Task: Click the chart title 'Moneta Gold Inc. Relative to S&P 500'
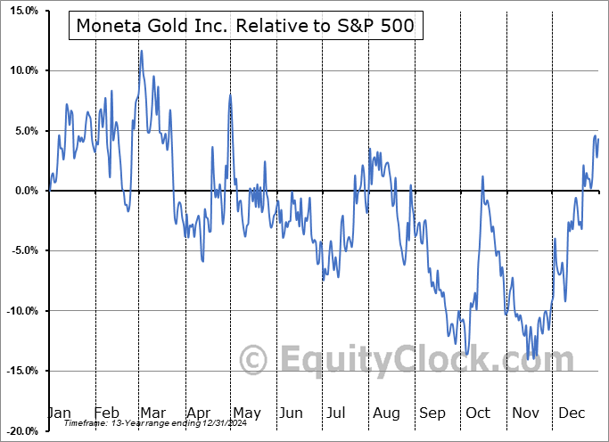click(246, 26)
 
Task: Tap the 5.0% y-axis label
click(23, 131)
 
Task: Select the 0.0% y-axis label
click(23, 191)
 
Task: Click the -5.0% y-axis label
click(21, 250)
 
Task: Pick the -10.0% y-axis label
click(20, 311)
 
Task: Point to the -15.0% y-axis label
click(20, 371)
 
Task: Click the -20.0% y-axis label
click(20, 431)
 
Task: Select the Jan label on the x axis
click(59, 413)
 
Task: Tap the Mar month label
click(152, 413)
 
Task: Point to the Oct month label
click(478, 413)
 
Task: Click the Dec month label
click(572, 413)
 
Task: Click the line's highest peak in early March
click(141, 51)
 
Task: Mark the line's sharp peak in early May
click(230, 94)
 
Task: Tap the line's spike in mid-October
click(482, 176)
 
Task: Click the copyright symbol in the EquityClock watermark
click(254, 360)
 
